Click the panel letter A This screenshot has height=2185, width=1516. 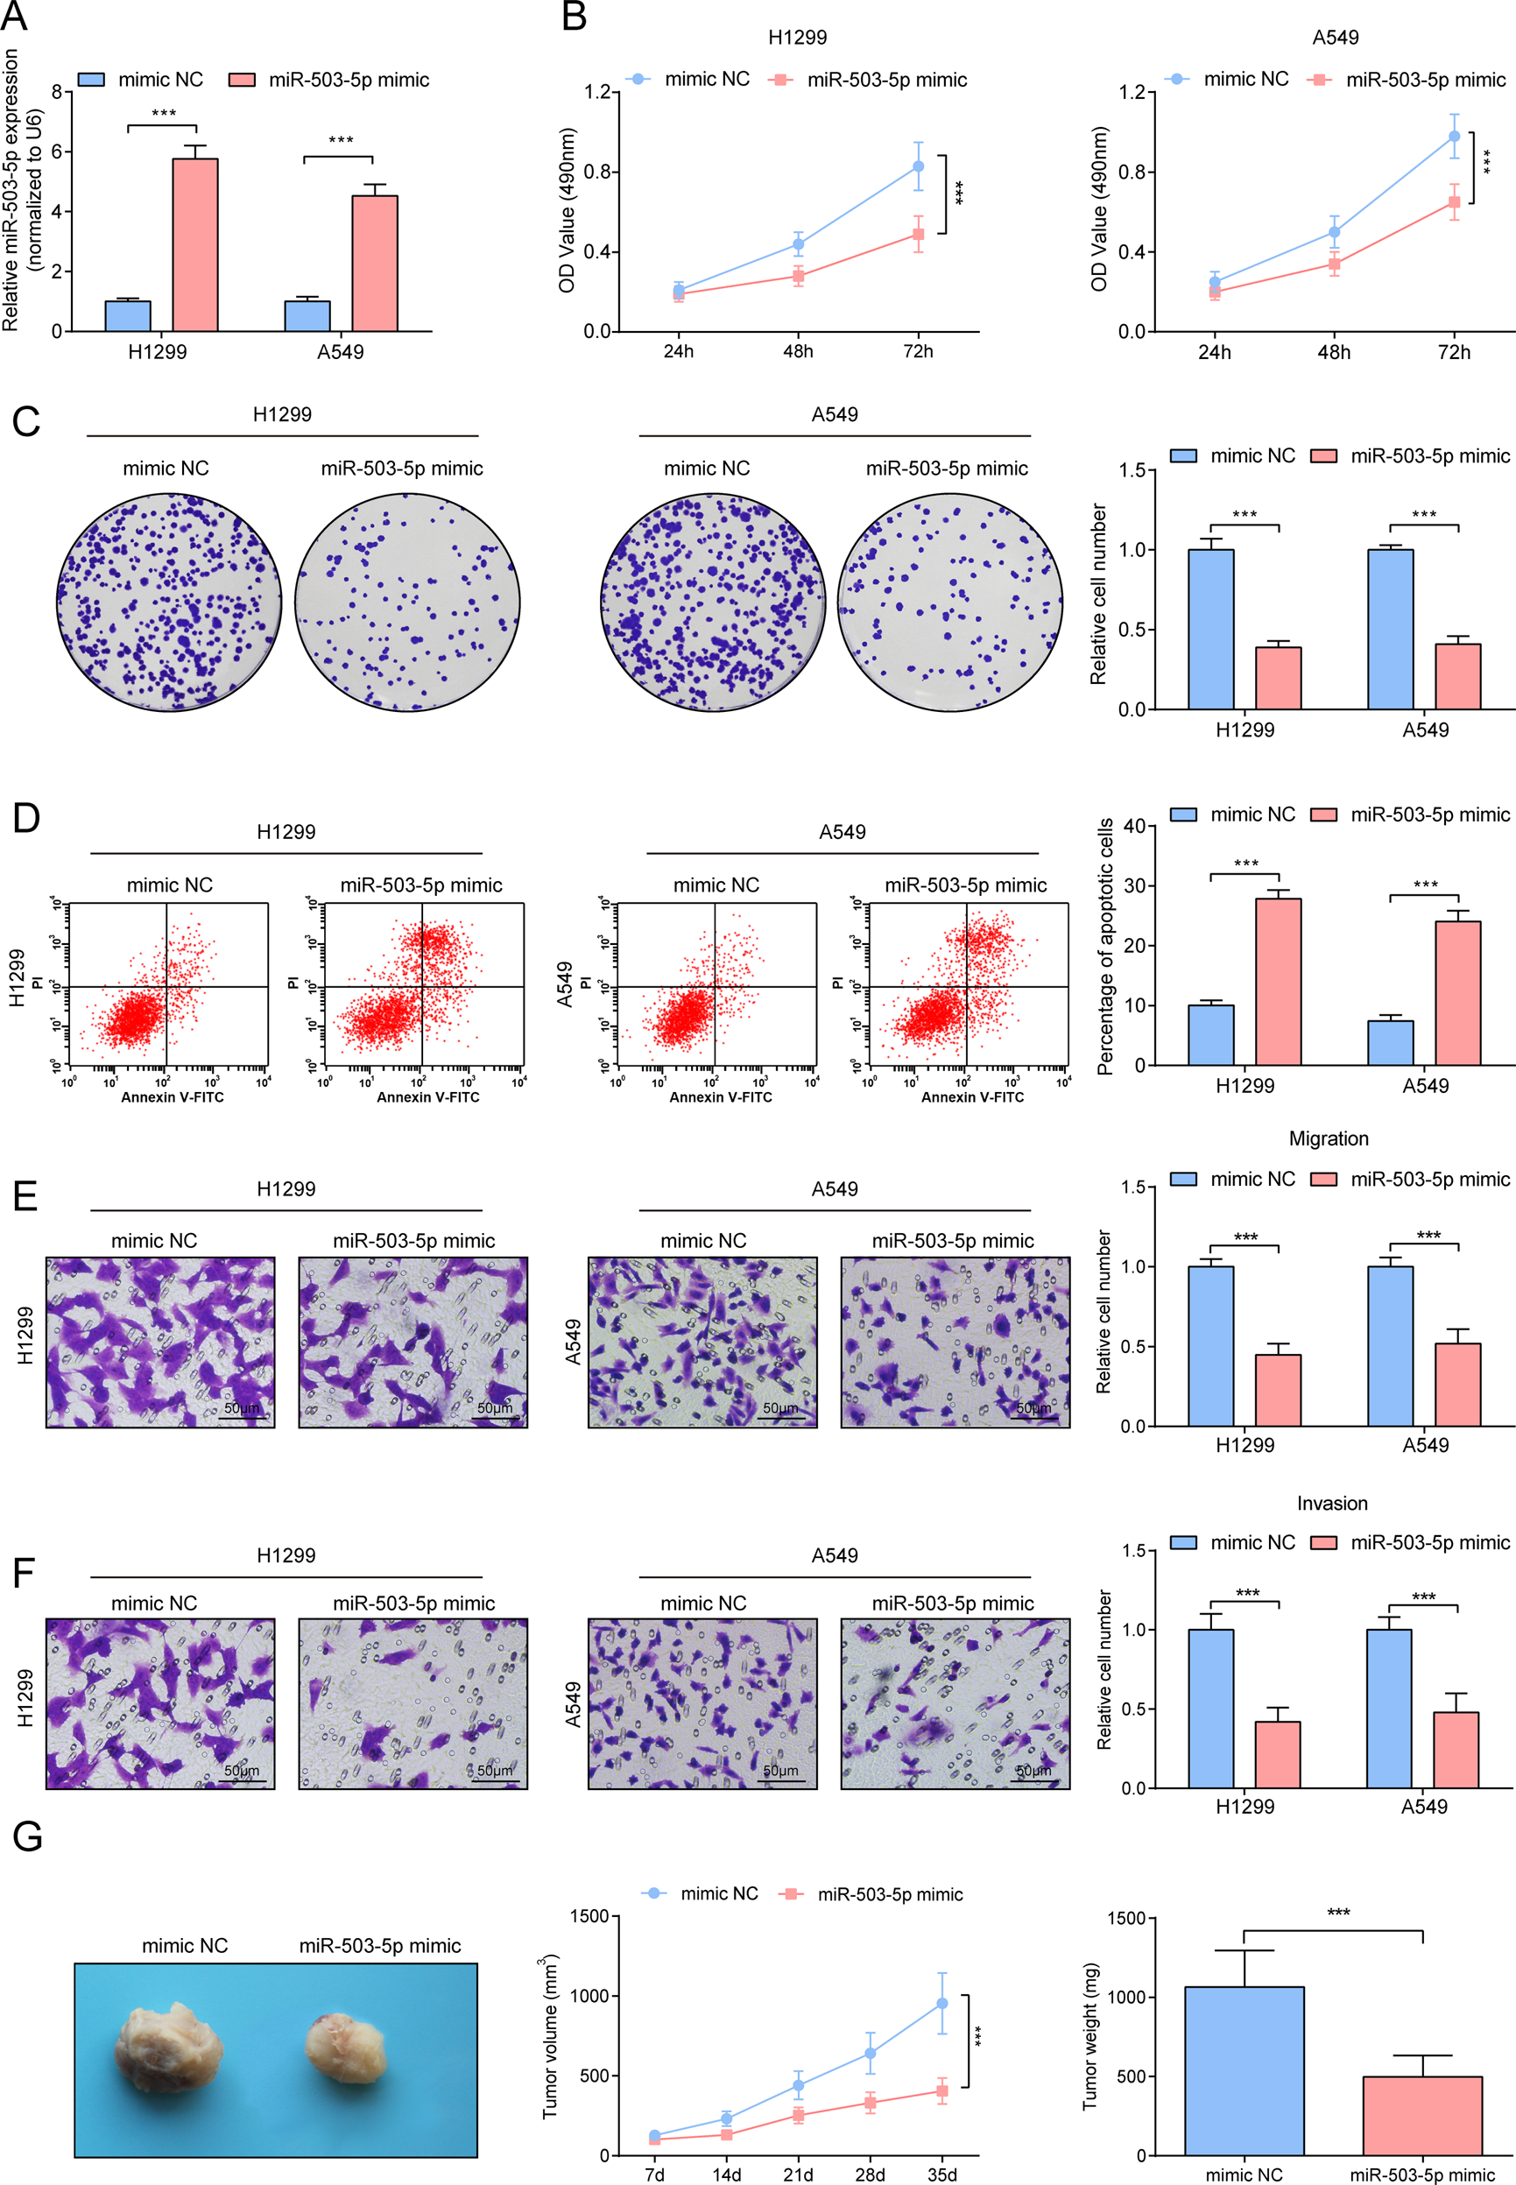click(x=13, y=15)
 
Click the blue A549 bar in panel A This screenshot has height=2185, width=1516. click(x=307, y=316)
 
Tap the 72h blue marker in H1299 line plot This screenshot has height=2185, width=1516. click(x=918, y=166)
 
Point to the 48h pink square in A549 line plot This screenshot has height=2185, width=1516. click(x=1334, y=264)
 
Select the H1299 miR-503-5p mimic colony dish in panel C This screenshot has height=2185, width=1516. click(x=406, y=602)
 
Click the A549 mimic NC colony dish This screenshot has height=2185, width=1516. click(x=712, y=602)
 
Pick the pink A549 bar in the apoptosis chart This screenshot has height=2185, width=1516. click(x=1457, y=992)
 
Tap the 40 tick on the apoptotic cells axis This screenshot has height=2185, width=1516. click(x=1132, y=826)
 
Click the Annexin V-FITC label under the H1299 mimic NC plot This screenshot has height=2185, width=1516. click(x=172, y=1096)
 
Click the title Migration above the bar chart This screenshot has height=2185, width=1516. click(x=1328, y=1138)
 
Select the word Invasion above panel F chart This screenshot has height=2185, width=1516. click(x=1332, y=1503)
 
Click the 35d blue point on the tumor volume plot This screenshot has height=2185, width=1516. click(x=941, y=2003)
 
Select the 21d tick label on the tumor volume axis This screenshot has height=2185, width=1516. click(x=798, y=2174)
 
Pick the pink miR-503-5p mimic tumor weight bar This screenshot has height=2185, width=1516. click(x=1422, y=2116)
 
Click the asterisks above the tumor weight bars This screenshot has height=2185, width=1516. click(x=1337, y=1912)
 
